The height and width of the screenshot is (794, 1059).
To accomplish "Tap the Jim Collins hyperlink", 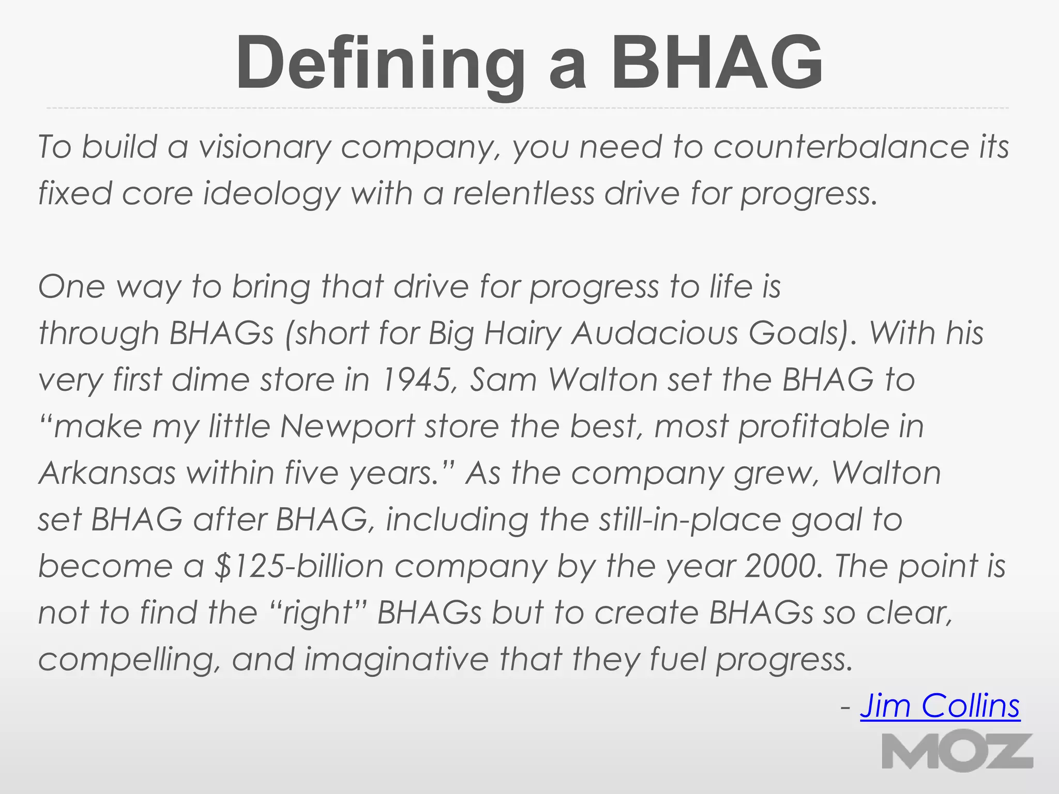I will coord(940,706).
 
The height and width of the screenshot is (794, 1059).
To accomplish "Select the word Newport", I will coord(347,426).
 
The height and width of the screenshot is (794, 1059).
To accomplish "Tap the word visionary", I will coord(264,147).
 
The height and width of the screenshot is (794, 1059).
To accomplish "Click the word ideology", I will coord(271,194).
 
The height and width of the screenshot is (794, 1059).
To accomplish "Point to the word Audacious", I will coord(655,333).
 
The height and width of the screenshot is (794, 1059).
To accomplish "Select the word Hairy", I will coord(522,333).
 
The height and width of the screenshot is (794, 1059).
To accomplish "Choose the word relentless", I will coord(524,194).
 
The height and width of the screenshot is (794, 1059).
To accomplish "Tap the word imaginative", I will coord(396,660).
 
